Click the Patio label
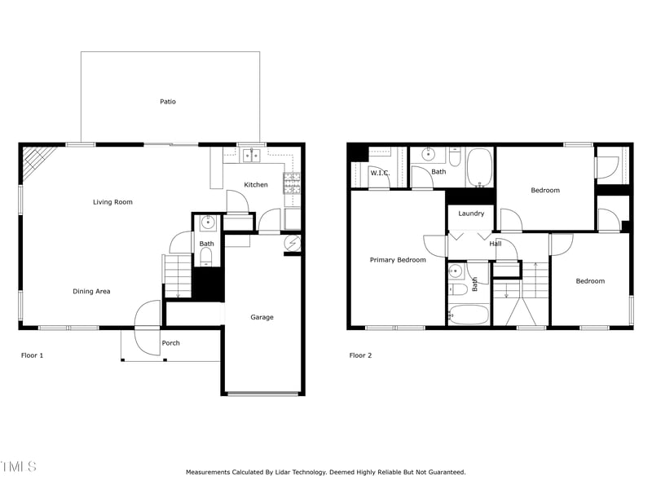coord(167,102)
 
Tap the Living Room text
coord(112,202)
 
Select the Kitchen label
coord(256,185)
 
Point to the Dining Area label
coord(91,291)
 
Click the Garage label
coord(262,317)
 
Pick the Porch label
coord(170,343)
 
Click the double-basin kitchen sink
coord(251,155)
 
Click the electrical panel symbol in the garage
coord(293,243)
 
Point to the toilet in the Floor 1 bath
coord(206,258)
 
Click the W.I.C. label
coord(380,173)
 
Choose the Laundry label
coord(471,214)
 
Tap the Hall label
coord(496,244)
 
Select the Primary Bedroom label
coord(398,260)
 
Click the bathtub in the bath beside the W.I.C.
coord(479,166)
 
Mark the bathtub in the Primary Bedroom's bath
coord(468,315)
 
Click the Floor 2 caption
coord(360,355)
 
